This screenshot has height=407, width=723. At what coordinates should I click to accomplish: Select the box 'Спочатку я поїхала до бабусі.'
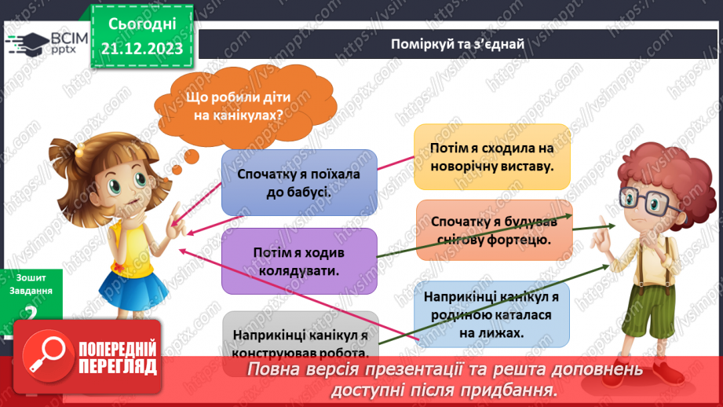[299, 182]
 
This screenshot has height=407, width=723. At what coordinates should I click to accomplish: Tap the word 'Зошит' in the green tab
[30, 277]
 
